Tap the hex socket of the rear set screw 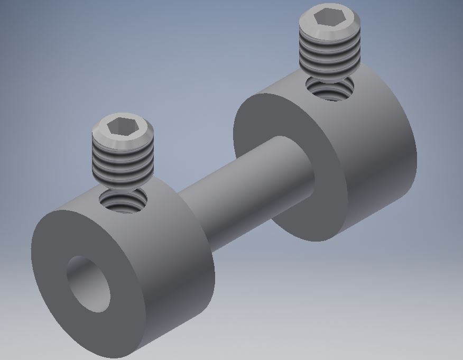[x=330, y=17]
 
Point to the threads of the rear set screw [x=330, y=53]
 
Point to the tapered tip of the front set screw [x=123, y=183]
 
